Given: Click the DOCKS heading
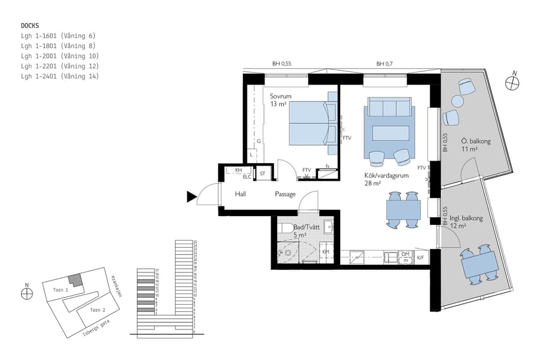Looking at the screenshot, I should point(30,26).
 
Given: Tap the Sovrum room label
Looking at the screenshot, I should point(280,97).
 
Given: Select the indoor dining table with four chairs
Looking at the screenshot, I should point(403,210).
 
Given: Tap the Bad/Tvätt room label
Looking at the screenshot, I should point(304,228).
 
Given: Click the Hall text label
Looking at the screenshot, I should point(241,194).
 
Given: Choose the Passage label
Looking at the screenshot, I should point(285,194).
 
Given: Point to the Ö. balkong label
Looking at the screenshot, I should point(476,142).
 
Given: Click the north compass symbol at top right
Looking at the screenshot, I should point(512,83).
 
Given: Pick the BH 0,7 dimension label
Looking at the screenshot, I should point(384,64).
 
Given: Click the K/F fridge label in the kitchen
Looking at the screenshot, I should point(420,258).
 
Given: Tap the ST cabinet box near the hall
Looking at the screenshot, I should point(262,173).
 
